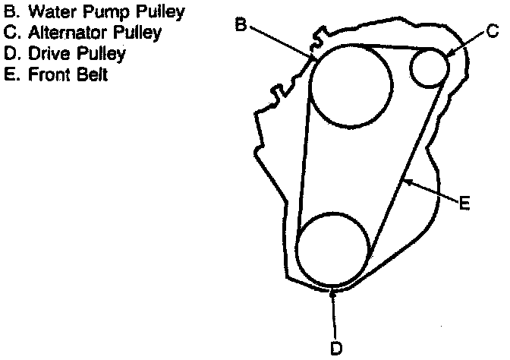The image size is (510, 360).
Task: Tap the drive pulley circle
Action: click(333, 249)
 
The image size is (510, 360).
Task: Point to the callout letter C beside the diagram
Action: click(492, 31)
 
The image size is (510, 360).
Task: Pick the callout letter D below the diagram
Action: click(335, 348)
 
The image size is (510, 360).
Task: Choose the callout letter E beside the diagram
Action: click(465, 203)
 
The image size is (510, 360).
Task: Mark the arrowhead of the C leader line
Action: click(448, 54)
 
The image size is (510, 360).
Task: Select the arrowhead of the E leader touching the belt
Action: click(406, 181)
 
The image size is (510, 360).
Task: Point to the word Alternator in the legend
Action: click(58, 33)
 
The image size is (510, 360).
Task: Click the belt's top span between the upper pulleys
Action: click(379, 46)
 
